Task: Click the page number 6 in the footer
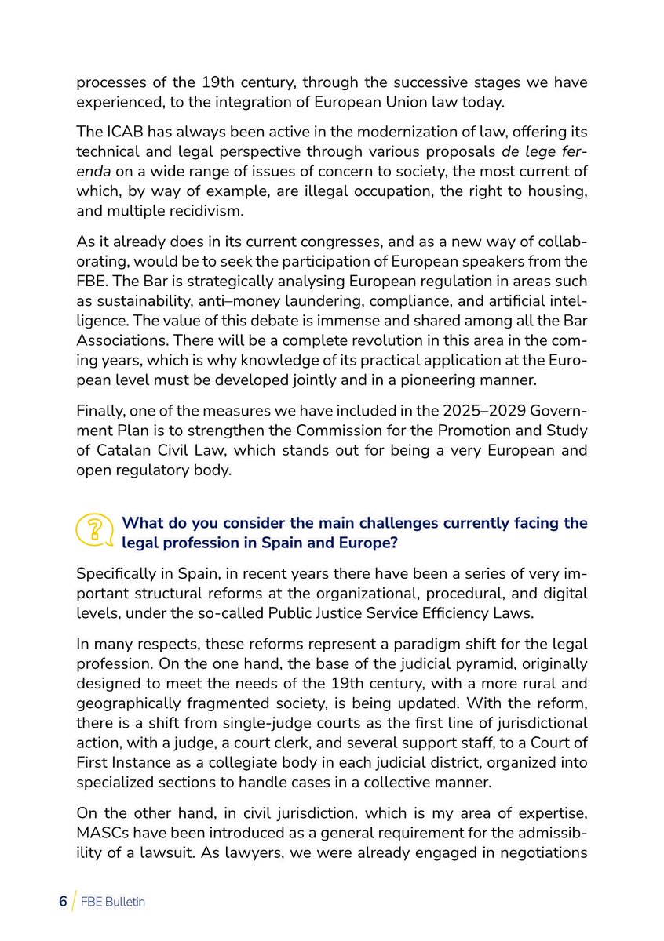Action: click(x=63, y=902)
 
